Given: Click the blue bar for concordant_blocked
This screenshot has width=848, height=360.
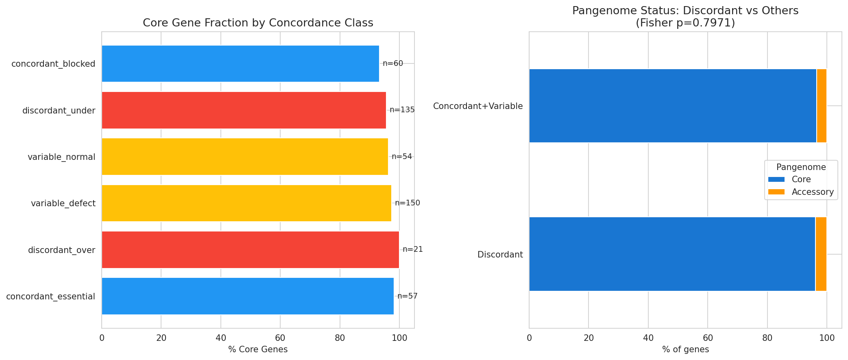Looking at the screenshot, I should (x=240, y=63).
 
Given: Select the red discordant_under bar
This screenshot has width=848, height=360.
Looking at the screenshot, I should (x=244, y=110).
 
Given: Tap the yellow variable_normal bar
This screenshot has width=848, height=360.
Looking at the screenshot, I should (x=244, y=157).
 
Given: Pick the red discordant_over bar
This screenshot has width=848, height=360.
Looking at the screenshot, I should (x=250, y=250).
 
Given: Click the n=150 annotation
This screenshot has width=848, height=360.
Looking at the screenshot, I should (x=407, y=203).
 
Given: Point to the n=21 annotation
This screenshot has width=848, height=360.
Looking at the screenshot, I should (x=412, y=249).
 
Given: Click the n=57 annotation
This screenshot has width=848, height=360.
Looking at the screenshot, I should (x=407, y=296).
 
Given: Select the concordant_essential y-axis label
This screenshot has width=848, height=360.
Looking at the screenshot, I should (x=50, y=297).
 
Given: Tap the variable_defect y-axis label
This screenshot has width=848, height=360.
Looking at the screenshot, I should (x=63, y=203).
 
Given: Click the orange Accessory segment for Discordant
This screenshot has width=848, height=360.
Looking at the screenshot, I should (x=821, y=254).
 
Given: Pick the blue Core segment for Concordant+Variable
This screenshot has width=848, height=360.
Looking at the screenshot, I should (x=672, y=106).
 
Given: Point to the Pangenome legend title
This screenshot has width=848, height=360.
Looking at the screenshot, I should (x=801, y=167).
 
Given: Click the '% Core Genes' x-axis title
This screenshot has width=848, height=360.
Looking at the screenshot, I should (x=258, y=349).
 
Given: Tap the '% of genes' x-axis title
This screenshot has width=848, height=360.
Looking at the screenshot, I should (x=685, y=349).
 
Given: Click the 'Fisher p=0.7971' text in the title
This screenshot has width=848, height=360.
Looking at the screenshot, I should (x=685, y=23).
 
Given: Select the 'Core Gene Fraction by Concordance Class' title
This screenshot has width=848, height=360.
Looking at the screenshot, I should (x=258, y=23).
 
